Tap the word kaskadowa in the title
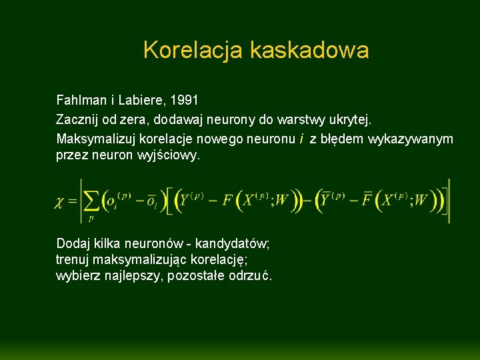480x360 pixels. pyautogui.click(x=309, y=50)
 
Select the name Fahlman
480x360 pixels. pyautogui.click(x=80, y=101)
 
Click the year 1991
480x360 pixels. pyautogui.click(x=185, y=101)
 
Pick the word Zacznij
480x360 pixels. pyautogui.click(x=77, y=120)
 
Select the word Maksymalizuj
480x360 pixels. pyautogui.click(x=94, y=139)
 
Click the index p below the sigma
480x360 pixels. pyautogui.click(x=91, y=217)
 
